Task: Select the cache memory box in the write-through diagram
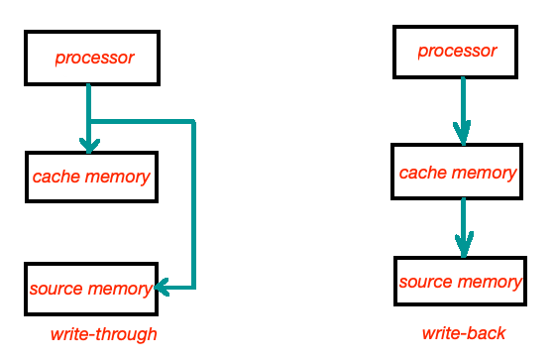pos(90,178)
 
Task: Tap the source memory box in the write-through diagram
pos(90,289)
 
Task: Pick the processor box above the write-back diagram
pos(457,51)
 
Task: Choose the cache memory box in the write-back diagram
pos(457,173)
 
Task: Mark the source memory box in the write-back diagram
pos(459,282)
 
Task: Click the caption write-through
pos(104,334)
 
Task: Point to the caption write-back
pos(463,333)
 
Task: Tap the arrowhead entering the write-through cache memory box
pos(89,145)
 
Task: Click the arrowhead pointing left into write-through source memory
pos(163,288)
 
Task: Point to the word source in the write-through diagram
pos(55,289)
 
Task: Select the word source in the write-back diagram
pos(424,282)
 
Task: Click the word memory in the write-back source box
pos(491,282)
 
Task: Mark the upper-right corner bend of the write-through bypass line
pos(192,122)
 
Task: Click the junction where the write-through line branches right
pos(89,122)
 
